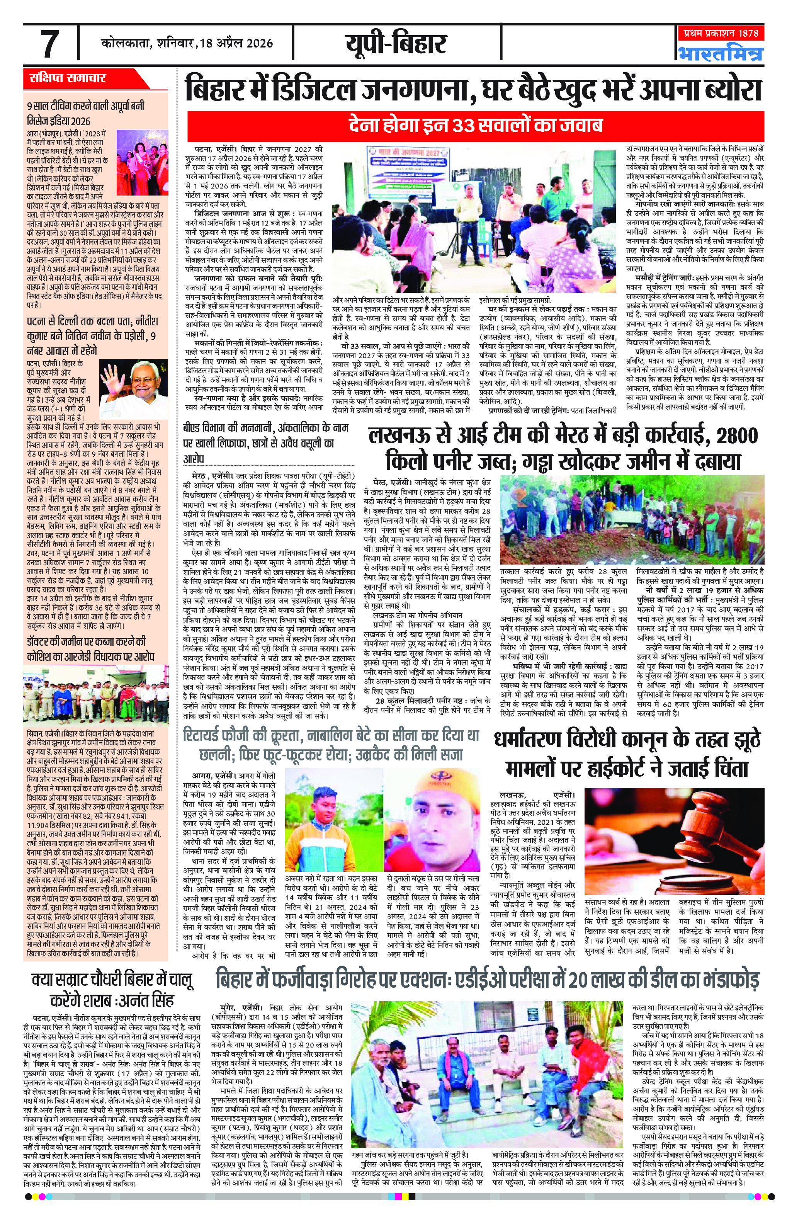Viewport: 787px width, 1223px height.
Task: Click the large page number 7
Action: pos(49,44)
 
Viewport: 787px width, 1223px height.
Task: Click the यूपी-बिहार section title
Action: pos(396,44)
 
